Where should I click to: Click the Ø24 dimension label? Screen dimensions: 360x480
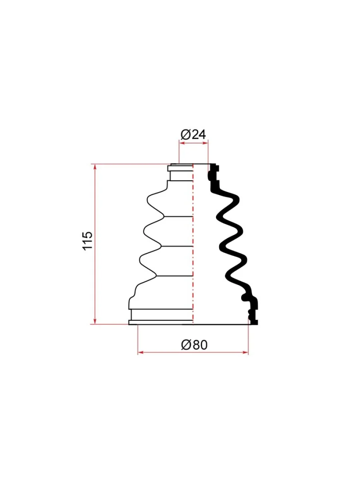point(193,134)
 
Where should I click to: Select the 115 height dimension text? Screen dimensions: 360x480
point(88,240)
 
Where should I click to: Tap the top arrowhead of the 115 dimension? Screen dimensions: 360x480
point(95,167)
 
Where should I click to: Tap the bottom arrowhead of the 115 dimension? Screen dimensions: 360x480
point(95,320)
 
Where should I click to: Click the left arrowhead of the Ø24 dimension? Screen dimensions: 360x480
point(182,143)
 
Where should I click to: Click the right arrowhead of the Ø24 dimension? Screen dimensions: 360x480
point(205,143)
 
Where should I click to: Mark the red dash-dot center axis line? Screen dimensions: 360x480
point(193,244)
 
